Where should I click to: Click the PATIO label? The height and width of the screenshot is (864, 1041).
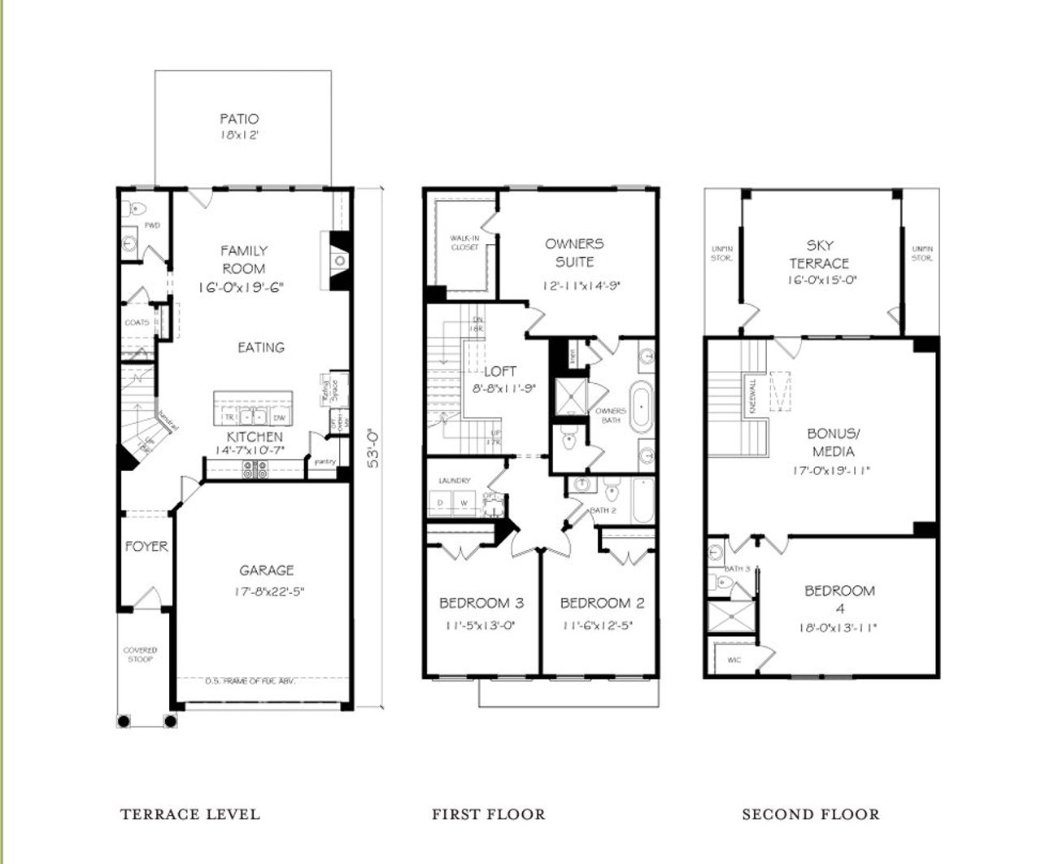239,119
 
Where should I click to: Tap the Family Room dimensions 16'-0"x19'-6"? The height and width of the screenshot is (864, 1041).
244,287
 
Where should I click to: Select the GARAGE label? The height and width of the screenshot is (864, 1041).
266,570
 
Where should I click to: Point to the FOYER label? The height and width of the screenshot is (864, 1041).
146,546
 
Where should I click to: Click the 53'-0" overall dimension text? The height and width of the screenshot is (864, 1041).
373,447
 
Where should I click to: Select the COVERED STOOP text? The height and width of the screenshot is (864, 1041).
141,654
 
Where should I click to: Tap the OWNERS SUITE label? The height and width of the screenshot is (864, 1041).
574,252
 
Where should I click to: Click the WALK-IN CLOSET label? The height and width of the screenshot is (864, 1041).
464,242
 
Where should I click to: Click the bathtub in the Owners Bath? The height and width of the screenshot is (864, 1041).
642,404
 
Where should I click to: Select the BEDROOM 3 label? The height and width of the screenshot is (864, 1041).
481,603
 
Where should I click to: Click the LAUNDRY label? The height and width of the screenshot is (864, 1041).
455,481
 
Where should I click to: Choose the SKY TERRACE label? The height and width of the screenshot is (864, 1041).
819,254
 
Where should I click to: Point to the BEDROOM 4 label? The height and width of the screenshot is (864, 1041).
839,599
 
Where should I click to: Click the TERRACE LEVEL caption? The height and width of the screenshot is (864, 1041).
190,814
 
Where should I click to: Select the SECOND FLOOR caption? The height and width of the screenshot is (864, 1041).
810,814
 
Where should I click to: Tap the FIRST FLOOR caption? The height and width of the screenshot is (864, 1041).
488,814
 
